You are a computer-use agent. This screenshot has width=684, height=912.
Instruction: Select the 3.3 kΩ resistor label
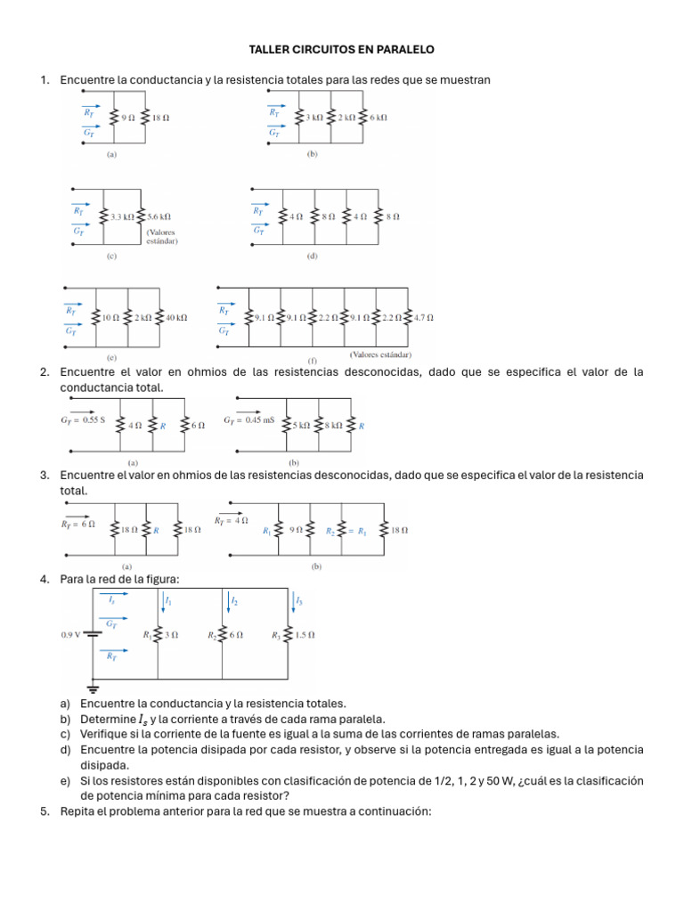[x=122, y=216]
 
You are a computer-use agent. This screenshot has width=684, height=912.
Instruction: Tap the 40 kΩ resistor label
[x=175, y=317]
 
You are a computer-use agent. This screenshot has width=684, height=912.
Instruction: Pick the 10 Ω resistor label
[x=110, y=317]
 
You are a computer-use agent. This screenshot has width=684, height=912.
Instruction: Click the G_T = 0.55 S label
[x=83, y=419]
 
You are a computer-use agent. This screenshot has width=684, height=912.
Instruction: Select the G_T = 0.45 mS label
[x=248, y=419]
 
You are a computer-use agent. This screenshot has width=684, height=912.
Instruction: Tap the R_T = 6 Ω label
[x=77, y=525]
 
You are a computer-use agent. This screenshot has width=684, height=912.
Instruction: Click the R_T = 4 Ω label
[x=231, y=520]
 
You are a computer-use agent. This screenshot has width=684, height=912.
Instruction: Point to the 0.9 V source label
[x=71, y=635]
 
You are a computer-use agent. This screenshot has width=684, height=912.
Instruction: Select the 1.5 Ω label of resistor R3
[x=307, y=635]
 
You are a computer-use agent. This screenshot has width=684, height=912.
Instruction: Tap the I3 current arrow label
[x=299, y=601]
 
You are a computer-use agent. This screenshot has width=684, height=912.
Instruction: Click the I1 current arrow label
[x=168, y=602]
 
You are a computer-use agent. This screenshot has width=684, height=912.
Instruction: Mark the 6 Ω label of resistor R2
[x=235, y=635]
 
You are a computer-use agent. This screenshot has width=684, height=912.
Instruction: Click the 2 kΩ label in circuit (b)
[x=346, y=117]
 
